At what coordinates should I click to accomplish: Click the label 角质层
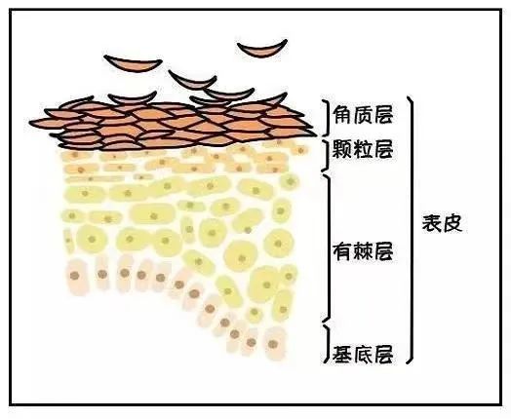tap(363, 115)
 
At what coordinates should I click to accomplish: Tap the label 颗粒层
tap(363, 150)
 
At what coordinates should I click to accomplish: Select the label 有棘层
tap(363, 251)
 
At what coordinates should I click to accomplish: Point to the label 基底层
tap(363, 354)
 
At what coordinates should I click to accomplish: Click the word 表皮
tap(442, 223)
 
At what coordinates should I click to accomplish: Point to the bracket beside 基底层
tap(328, 343)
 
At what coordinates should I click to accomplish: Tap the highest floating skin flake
tap(262, 49)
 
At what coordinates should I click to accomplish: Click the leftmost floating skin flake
tap(134, 63)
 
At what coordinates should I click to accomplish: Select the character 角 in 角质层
tap(342, 115)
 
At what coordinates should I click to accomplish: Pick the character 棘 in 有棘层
tap(363, 251)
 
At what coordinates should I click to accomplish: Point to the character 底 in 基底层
tap(363, 354)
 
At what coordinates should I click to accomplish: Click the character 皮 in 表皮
tap(452, 223)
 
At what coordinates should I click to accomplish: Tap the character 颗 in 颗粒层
tap(342, 150)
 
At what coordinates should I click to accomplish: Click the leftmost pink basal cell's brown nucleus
tap(75, 276)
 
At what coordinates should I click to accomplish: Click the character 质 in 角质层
tap(363, 115)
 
